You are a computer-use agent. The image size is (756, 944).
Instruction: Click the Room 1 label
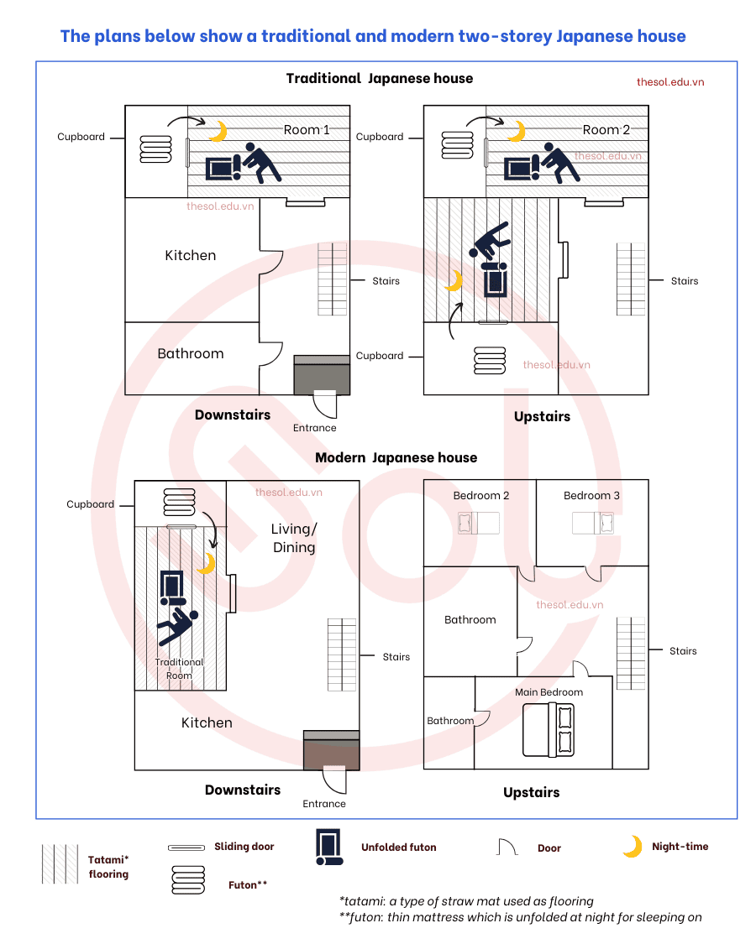pos(307,129)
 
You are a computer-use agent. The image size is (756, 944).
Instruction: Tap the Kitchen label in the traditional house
pos(191,255)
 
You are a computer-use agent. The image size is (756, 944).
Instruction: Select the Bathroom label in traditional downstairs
pos(191,353)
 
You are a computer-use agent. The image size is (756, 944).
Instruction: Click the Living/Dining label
pos(294,538)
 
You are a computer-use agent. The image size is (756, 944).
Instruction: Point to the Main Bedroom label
pos(549,692)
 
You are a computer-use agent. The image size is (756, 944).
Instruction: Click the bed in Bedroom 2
pos(479,523)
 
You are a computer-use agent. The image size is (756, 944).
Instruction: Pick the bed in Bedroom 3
pos(593,523)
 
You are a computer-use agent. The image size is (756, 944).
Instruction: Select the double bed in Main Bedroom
pos(549,730)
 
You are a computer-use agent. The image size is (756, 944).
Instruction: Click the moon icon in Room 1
pos(218,131)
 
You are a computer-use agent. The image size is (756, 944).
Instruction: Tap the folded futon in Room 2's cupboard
pos(458,145)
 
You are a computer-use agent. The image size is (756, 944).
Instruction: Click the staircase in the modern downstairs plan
pos(342,655)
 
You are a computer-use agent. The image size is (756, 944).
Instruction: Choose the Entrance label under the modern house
pos(324,804)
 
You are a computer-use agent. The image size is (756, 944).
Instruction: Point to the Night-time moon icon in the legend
pos(633,847)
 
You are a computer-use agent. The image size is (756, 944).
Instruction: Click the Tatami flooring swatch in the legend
pos(60,864)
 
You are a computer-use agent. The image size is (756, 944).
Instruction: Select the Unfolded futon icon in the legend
pos(329,847)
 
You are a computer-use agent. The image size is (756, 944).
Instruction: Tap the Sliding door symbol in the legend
pos(186,848)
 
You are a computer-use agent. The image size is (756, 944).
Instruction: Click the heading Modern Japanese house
pos(396,457)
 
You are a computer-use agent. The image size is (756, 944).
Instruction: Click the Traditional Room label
pos(179,669)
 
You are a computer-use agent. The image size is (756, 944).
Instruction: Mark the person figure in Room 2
pos(559,162)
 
